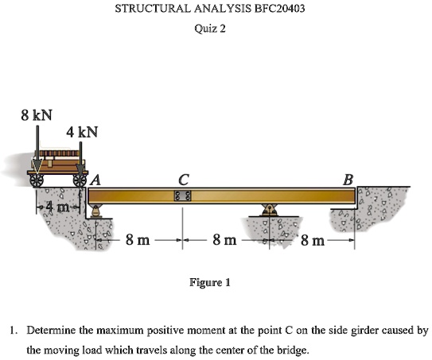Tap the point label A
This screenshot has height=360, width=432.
point(97,180)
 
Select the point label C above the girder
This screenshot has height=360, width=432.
point(183,180)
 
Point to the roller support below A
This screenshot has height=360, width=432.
point(97,211)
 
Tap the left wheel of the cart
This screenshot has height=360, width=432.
point(37,181)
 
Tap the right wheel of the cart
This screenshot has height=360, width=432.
point(80,181)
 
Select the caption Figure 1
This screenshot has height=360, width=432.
point(209,282)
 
